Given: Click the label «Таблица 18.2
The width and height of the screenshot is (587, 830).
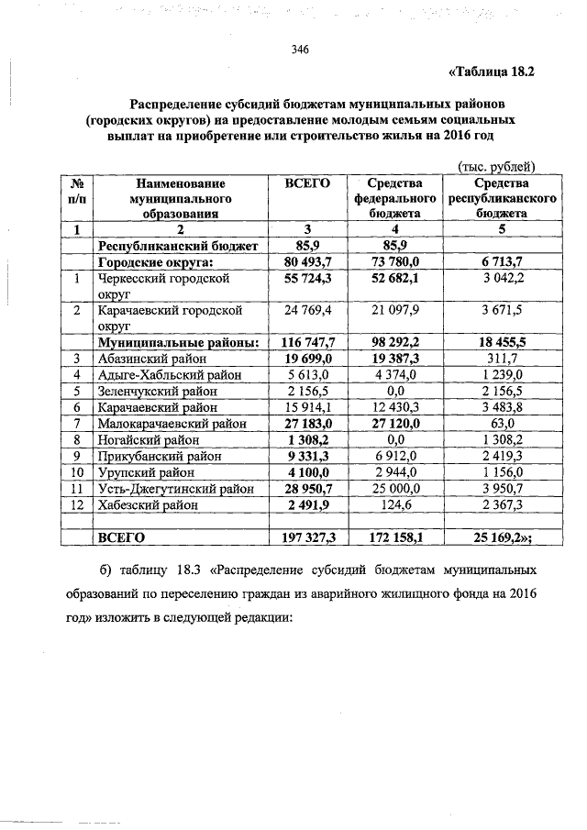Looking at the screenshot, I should (491, 71).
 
